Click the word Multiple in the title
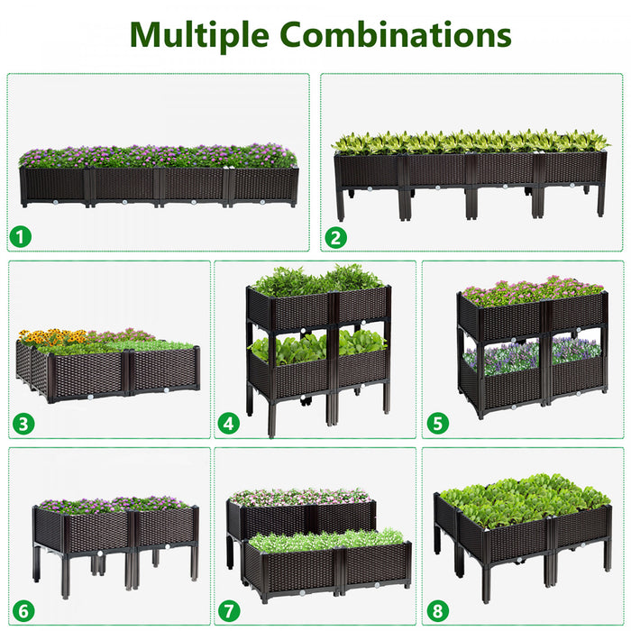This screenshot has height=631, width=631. pyautogui.click(x=199, y=34)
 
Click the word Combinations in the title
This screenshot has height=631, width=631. pyautogui.click(x=396, y=34)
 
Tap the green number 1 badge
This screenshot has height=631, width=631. pyautogui.click(x=21, y=237)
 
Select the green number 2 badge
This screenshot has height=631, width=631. pyautogui.click(x=336, y=238)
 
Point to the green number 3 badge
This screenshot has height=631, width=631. pyautogui.click(x=23, y=421)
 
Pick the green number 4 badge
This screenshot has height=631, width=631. pyautogui.click(x=228, y=422)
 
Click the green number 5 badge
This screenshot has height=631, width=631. pyautogui.click(x=437, y=422)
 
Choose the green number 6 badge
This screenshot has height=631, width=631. pyautogui.click(x=23, y=610)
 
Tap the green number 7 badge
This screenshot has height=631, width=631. pyautogui.click(x=229, y=610)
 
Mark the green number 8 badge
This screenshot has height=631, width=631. pyautogui.click(x=438, y=610)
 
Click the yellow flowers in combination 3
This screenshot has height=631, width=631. pyautogui.click(x=50, y=338)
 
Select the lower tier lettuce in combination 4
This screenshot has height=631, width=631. pyautogui.click(x=315, y=346)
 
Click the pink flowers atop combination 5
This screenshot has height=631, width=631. pyautogui.click(x=532, y=290)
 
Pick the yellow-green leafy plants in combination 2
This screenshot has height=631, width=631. pyautogui.click(x=469, y=142)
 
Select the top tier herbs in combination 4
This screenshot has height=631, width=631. pyautogui.click(x=315, y=279)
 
